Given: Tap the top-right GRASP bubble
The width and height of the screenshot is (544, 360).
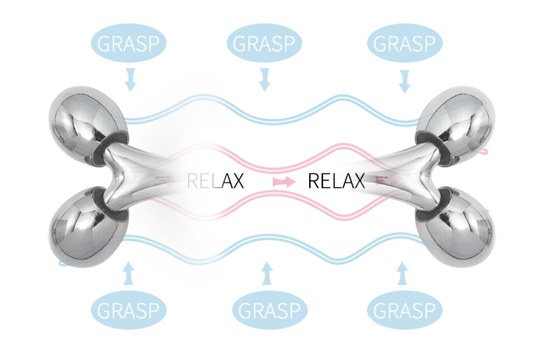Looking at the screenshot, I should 404,43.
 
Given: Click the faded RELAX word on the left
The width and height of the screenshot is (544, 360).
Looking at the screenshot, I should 215,182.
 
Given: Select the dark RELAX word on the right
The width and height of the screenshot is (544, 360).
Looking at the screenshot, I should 335,182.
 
